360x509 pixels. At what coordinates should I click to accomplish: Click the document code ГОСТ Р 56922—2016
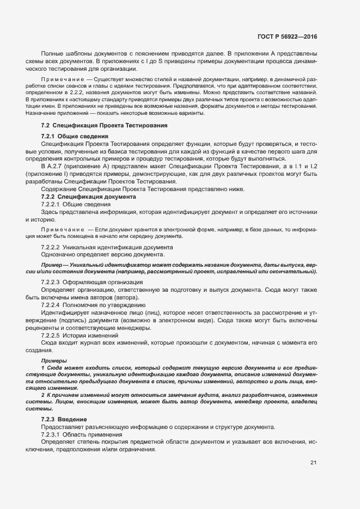click(x=287, y=37)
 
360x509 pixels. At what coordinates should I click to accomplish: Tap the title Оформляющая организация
click(x=102, y=283)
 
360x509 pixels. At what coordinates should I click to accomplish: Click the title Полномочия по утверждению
click(x=103, y=305)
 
